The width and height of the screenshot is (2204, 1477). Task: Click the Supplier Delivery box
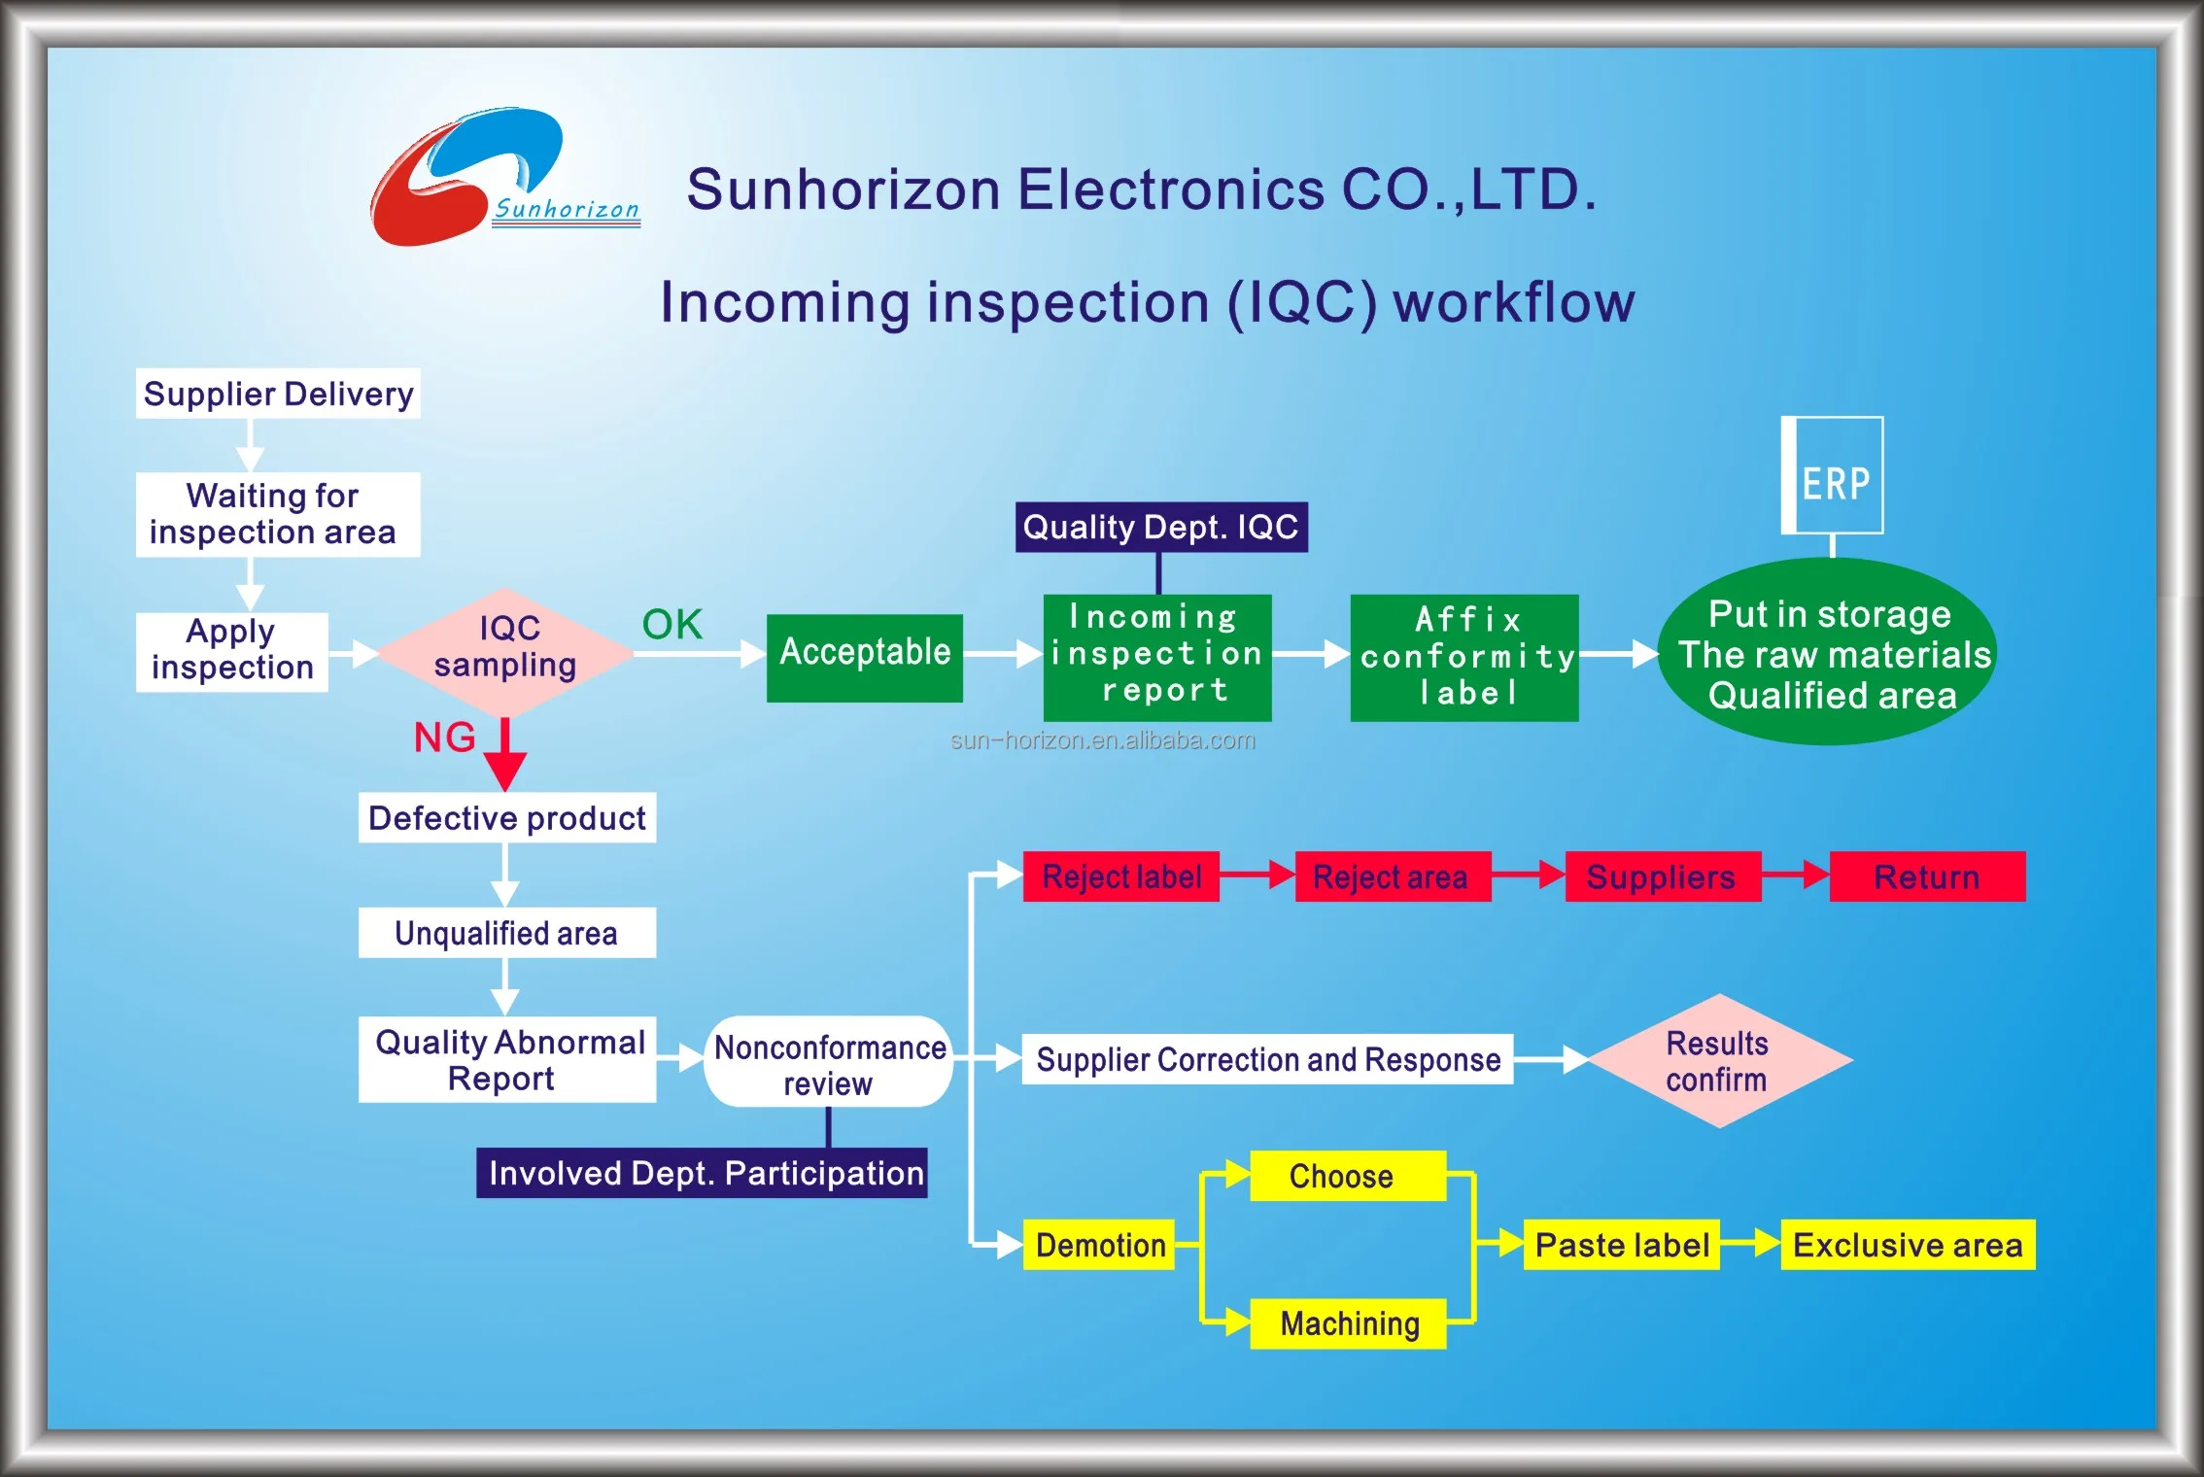point(278,394)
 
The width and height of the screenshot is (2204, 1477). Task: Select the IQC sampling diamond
point(505,649)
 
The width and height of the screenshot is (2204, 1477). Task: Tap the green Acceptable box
point(864,657)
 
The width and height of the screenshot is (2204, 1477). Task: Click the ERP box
point(1833,476)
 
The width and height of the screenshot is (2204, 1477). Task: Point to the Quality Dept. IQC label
point(1160,528)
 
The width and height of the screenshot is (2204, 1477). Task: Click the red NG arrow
point(505,755)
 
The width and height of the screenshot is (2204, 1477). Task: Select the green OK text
point(672,625)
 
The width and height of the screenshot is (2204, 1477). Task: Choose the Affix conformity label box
point(1464,657)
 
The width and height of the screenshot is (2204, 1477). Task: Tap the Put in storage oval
point(1828,653)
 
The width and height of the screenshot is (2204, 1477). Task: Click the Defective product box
point(506,818)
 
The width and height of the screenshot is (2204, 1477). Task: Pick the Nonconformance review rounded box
point(829,1062)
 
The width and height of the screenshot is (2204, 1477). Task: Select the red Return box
point(1926,876)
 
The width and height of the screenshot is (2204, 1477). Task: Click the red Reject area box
point(1392,876)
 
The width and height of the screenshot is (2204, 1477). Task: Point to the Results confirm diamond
point(1719,1061)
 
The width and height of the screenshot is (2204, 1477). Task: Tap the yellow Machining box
point(1348,1322)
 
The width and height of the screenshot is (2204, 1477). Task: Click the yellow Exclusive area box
point(1907,1245)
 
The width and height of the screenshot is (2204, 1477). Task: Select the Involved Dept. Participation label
point(702,1173)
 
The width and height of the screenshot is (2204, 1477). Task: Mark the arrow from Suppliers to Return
point(1795,876)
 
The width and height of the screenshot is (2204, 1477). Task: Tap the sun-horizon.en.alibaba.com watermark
point(1103,740)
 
